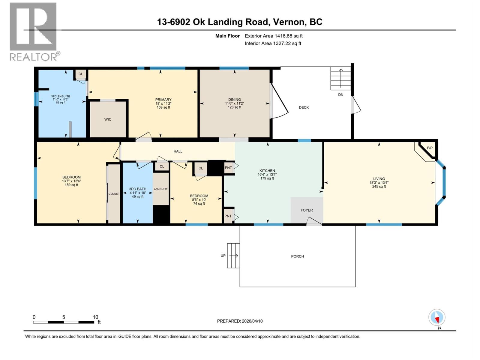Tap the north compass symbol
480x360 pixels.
[x=437, y=318]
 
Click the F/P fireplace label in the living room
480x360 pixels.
[x=430, y=148]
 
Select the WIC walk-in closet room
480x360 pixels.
[x=108, y=119]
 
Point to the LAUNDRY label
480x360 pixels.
[x=161, y=189]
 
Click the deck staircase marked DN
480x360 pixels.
[x=340, y=78]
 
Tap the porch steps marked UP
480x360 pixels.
[x=233, y=256]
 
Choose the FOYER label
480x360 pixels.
[x=307, y=210]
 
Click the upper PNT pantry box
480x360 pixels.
[x=229, y=168]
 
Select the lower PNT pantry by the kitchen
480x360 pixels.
[x=228, y=216]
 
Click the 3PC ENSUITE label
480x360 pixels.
[x=61, y=96]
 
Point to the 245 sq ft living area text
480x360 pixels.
[x=379, y=187]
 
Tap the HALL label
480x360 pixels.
[x=178, y=151]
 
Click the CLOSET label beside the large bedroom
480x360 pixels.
[x=114, y=194]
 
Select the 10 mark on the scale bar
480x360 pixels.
[x=95, y=317]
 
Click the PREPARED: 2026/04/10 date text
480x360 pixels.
[x=240, y=321]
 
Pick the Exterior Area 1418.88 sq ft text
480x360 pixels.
[x=274, y=36]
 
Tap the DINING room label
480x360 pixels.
[x=234, y=100]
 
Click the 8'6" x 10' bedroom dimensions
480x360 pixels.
[x=199, y=200]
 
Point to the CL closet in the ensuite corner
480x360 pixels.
[x=81, y=74]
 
